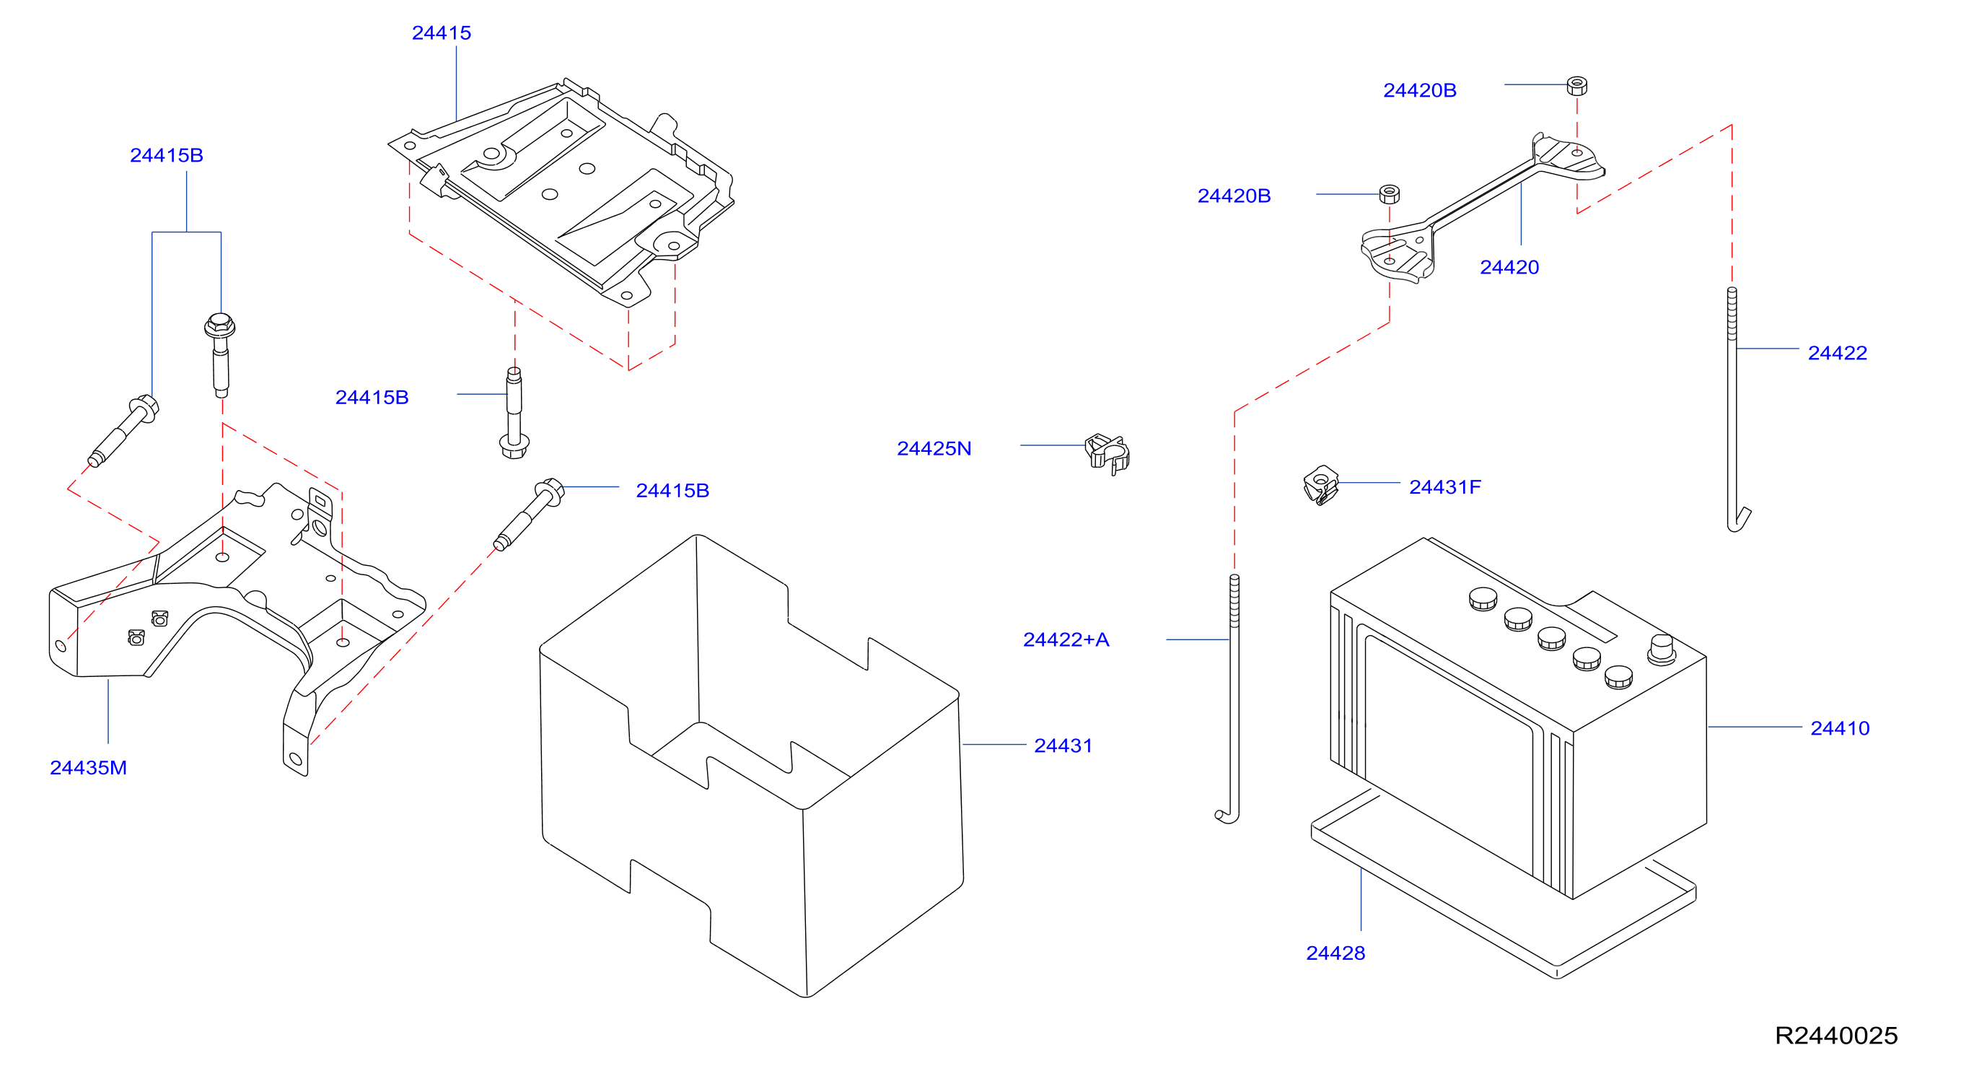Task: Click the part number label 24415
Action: (x=442, y=33)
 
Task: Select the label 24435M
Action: (x=88, y=767)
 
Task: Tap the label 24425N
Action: (x=934, y=448)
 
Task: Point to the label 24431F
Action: (x=1445, y=487)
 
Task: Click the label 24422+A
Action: (x=1066, y=639)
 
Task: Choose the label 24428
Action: (x=1335, y=953)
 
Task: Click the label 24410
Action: (x=1840, y=728)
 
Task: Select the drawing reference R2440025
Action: (x=1836, y=1036)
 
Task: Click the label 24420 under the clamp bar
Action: (x=1509, y=267)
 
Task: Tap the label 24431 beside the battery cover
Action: (x=1063, y=746)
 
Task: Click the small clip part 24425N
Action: (x=1107, y=453)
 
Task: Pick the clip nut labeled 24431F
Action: (x=1320, y=485)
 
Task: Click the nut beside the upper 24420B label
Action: (x=1577, y=85)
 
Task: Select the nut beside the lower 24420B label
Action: (x=1390, y=194)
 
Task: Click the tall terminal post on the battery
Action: (x=1662, y=650)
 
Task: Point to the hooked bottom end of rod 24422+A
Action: (x=1227, y=816)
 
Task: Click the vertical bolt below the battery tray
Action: (x=514, y=414)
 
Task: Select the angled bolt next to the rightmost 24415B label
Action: (x=529, y=515)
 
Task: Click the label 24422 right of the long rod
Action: (x=1838, y=353)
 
